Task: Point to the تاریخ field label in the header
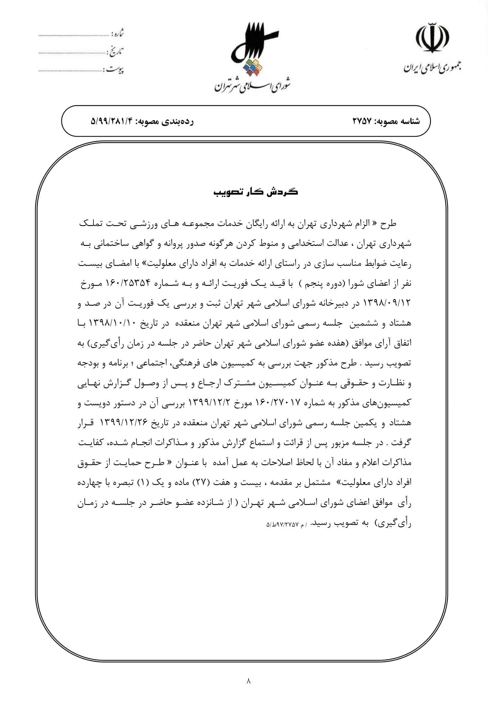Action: click(115, 52)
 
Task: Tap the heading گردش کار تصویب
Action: click(255, 192)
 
